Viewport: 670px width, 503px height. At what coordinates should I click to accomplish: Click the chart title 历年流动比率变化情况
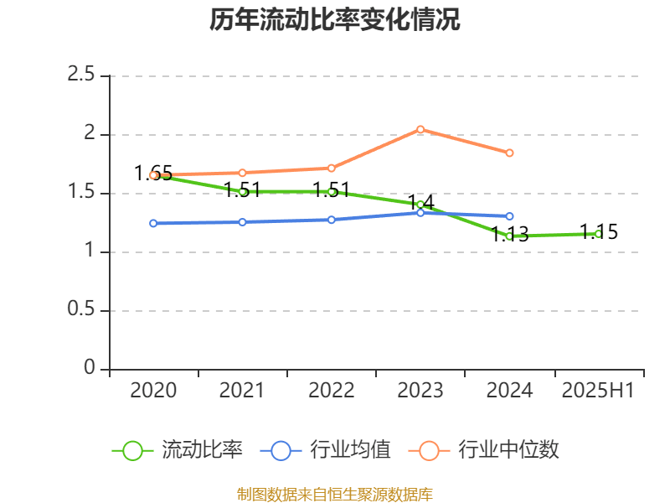click(335, 20)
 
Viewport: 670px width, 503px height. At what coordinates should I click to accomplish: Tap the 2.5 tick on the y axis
click(81, 75)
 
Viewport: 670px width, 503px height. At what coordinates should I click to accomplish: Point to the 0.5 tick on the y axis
click(81, 310)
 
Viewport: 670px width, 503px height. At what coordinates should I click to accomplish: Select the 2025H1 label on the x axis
click(598, 390)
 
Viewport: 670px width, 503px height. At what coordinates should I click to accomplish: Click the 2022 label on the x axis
click(331, 390)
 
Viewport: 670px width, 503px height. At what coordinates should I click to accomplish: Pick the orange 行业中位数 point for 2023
click(420, 129)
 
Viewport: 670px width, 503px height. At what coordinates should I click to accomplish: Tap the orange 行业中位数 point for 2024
click(509, 153)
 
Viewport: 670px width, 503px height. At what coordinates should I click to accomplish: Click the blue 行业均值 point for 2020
click(153, 223)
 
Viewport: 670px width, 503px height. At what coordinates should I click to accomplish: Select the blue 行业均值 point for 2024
click(509, 216)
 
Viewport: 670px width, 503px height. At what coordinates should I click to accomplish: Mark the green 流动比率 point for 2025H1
click(599, 234)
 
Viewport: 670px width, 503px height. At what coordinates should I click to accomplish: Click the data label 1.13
click(509, 235)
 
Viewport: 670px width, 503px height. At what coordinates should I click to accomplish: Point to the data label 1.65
click(153, 174)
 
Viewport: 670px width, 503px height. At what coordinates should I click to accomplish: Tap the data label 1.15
click(599, 232)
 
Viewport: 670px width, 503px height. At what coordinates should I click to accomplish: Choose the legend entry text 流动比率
click(202, 450)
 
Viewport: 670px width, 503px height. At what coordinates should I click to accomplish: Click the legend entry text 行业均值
click(350, 450)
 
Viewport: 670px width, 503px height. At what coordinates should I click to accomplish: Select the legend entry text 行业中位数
click(508, 450)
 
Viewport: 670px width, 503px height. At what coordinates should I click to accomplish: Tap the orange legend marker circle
click(429, 450)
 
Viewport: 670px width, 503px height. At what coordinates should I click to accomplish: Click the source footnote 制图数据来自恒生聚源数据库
click(335, 494)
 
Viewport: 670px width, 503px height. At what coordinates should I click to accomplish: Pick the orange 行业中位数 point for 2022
click(332, 168)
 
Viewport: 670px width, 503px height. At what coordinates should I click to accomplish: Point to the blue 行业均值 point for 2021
click(242, 222)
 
